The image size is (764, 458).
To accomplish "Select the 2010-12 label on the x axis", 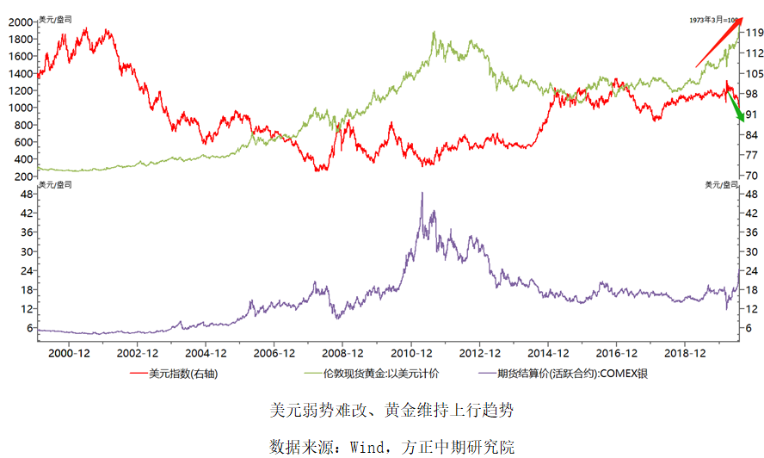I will [x=411, y=353].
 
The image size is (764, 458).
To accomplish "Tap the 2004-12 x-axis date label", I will [x=206, y=353].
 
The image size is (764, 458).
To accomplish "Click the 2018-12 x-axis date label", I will [x=685, y=353].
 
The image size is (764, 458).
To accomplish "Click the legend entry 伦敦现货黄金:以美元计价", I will [x=375, y=374].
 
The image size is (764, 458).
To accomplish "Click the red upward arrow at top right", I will [x=718, y=43].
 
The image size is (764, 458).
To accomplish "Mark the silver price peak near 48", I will [x=422, y=195].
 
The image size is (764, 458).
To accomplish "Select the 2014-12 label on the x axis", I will [x=548, y=353].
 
